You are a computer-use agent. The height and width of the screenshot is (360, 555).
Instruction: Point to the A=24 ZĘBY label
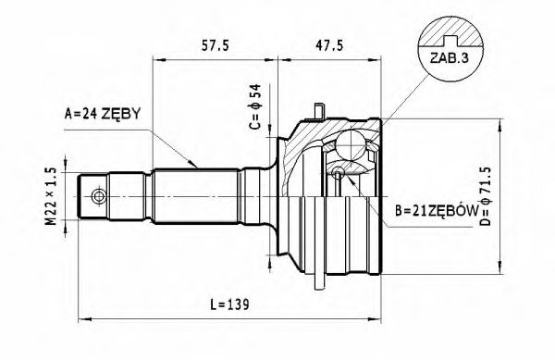pyautogui.click(x=102, y=114)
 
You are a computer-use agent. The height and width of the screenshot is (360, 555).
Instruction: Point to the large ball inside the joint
pyautogui.click(x=351, y=145)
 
